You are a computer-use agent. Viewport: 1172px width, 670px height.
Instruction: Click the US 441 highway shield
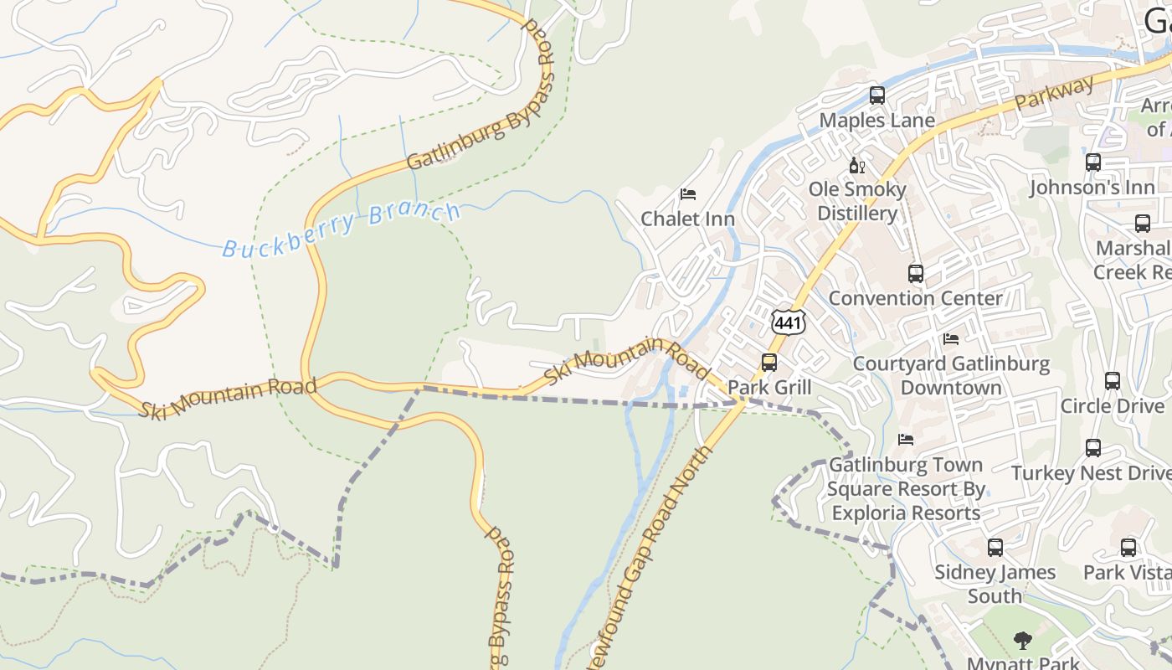click(789, 322)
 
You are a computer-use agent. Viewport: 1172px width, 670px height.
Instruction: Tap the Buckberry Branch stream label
click(342, 229)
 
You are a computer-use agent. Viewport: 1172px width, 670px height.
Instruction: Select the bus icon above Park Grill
click(768, 363)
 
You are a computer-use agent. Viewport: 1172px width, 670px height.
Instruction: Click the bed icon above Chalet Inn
click(688, 194)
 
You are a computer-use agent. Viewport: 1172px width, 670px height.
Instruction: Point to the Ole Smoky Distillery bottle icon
click(856, 165)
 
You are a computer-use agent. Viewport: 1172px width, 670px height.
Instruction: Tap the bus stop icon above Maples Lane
click(876, 95)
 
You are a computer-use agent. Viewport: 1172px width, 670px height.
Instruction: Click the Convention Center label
click(915, 298)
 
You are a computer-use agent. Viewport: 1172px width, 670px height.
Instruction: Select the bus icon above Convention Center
click(915, 273)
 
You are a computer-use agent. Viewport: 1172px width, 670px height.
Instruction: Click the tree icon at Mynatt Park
click(1022, 641)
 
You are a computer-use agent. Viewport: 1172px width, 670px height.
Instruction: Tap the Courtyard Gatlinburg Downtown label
click(951, 375)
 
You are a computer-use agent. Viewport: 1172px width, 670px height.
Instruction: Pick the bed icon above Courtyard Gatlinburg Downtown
click(951, 339)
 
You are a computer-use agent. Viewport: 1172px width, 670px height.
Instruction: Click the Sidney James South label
click(995, 584)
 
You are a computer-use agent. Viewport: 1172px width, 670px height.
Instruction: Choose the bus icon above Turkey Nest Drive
click(1092, 448)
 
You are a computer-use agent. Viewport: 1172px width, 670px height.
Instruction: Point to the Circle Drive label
click(1112, 406)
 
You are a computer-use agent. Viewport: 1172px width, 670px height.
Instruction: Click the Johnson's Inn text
click(1092, 188)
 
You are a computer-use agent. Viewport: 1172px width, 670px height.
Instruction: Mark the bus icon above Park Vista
click(1128, 548)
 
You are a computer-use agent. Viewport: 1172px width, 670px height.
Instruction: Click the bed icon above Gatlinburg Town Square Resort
click(905, 439)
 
